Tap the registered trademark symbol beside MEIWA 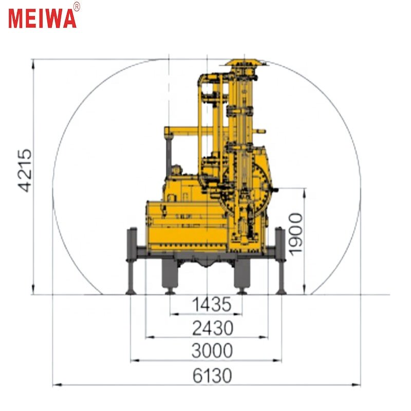[x=77, y=6]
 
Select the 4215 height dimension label [x=25, y=171]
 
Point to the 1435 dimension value [x=212, y=305]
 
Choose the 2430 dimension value [x=212, y=327]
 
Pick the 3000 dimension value [x=212, y=351]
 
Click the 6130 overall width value [x=212, y=376]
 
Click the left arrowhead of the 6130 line [x=55, y=384]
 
